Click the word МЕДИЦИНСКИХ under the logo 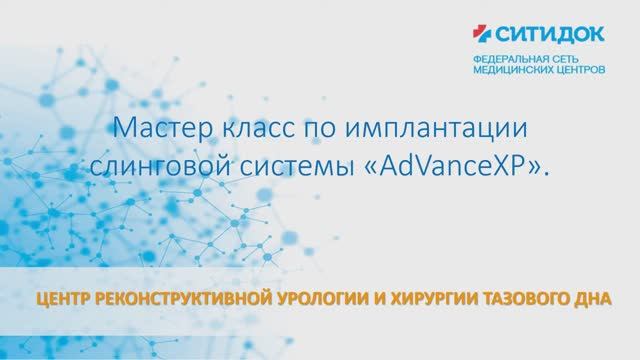[512, 72]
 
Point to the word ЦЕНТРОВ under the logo [577, 72]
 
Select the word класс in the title [246, 130]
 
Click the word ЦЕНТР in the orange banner [57, 298]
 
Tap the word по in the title [306, 130]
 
